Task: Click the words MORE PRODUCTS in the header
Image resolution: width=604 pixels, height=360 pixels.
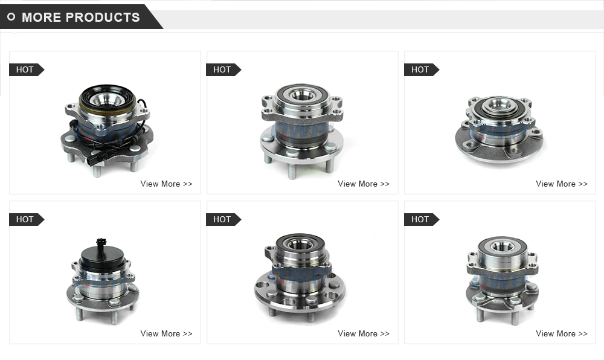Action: click(80, 17)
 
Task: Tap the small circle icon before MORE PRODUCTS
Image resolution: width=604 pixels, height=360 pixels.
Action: click(11, 17)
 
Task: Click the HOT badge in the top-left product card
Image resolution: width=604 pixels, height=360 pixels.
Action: click(25, 69)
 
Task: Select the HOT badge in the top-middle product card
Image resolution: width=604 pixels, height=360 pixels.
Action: click(222, 69)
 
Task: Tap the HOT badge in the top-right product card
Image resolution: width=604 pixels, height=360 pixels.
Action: click(420, 69)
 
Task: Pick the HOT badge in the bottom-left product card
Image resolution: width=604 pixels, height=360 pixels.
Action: click(25, 219)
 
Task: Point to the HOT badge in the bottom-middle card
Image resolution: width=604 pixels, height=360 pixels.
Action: click(222, 219)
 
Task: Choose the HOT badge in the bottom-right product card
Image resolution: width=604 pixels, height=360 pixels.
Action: click(420, 219)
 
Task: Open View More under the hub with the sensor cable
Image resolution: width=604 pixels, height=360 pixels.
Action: click(166, 184)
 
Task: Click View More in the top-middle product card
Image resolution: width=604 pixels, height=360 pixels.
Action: click(364, 184)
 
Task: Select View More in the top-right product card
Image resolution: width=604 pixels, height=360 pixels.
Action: click(561, 184)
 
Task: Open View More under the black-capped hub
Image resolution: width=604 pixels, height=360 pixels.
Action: click(166, 333)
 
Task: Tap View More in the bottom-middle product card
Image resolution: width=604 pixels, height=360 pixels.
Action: click(364, 333)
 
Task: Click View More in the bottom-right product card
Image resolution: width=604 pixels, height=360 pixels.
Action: click(561, 333)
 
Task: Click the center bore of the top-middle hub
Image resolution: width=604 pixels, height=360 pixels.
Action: click(303, 94)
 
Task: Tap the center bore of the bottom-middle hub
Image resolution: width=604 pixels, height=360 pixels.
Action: click(300, 245)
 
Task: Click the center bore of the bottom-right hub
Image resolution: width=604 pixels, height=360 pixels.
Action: click(501, 246)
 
